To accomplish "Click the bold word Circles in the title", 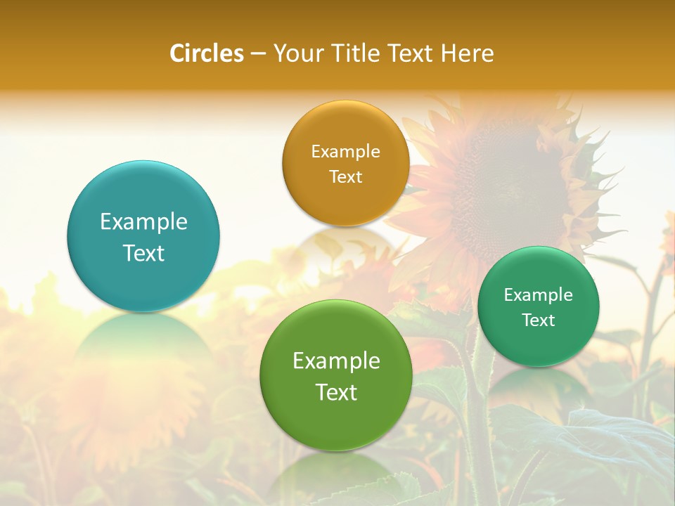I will pos(207,53).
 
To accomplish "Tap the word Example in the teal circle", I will pos(143,222).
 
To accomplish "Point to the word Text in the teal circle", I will pos(143,253).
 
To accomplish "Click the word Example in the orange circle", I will pos(345,152).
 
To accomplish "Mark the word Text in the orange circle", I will pos(345,176).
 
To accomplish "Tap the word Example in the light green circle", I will pos(336,361).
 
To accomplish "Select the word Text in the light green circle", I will pos(336,392).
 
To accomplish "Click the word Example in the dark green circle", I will pos(539,295).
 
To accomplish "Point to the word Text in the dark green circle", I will pos(539,320).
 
